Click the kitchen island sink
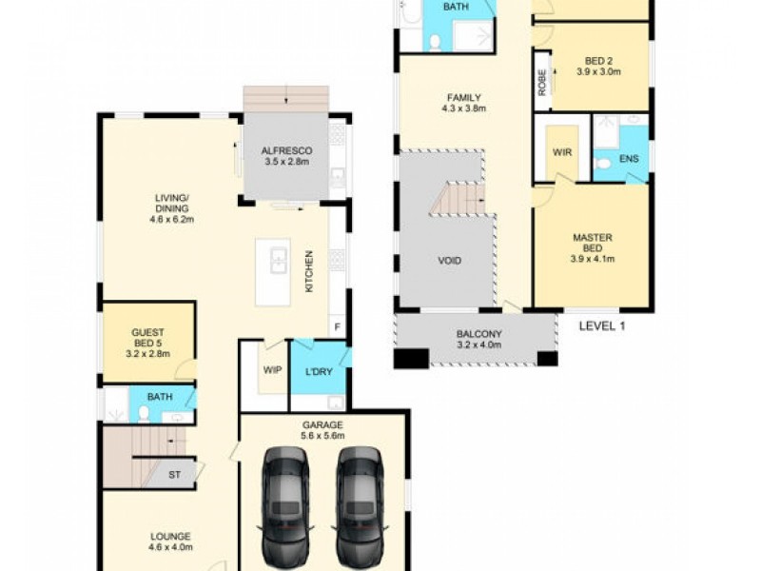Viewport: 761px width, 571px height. [278, 260]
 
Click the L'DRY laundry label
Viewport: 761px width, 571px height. [319, 371]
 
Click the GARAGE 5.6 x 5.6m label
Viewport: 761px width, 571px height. [323, 430]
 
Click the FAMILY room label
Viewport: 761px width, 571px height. [464, 103]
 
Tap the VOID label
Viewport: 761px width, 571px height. [450, 260]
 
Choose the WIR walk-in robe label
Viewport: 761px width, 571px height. [560, 151]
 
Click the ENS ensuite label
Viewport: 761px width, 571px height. [629, 158]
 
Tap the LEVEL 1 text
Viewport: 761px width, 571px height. [601, 325]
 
